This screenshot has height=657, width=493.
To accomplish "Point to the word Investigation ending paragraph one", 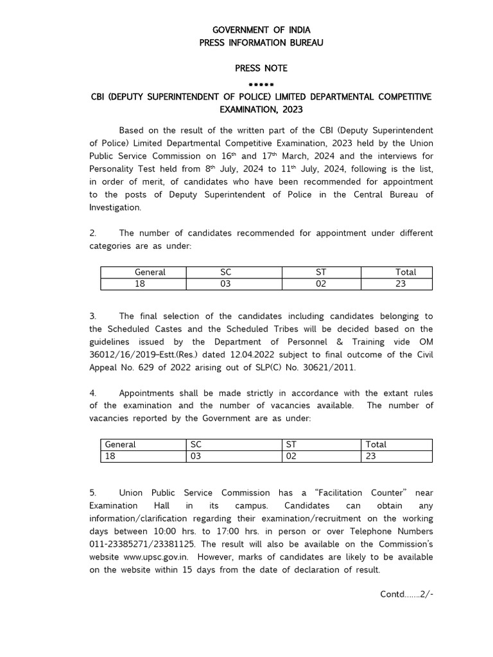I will coord(114,208).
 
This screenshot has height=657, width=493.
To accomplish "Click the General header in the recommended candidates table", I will coord(150,272).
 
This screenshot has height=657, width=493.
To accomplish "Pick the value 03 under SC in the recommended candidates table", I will coord(225,284).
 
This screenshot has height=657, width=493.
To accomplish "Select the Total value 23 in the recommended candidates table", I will coord(401,284).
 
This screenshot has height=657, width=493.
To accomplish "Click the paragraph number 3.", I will coord(92,316).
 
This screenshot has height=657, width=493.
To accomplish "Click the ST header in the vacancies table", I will coord(291,444).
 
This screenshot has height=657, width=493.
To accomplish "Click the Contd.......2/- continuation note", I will coord(407,593).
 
